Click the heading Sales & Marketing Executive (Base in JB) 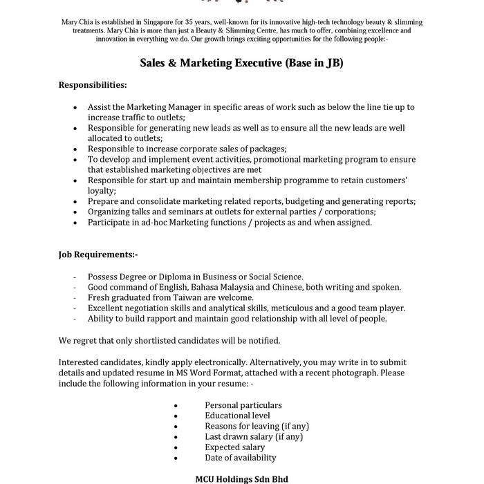(x=241, y=63)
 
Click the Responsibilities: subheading (x=93, y=85)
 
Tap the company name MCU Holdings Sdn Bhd (x=241, y=478)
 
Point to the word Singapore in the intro (x=154, y=23)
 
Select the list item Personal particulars (x=243, y=405)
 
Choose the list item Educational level (x=237, y=416)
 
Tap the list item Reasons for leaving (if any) (x=257, y=426)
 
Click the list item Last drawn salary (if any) (x=254, y=436)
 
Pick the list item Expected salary (x=234, y=447)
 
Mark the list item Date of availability (x=240, y=458)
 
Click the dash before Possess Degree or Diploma (x=74, y=277)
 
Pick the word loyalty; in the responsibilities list (x=102, y=191)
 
